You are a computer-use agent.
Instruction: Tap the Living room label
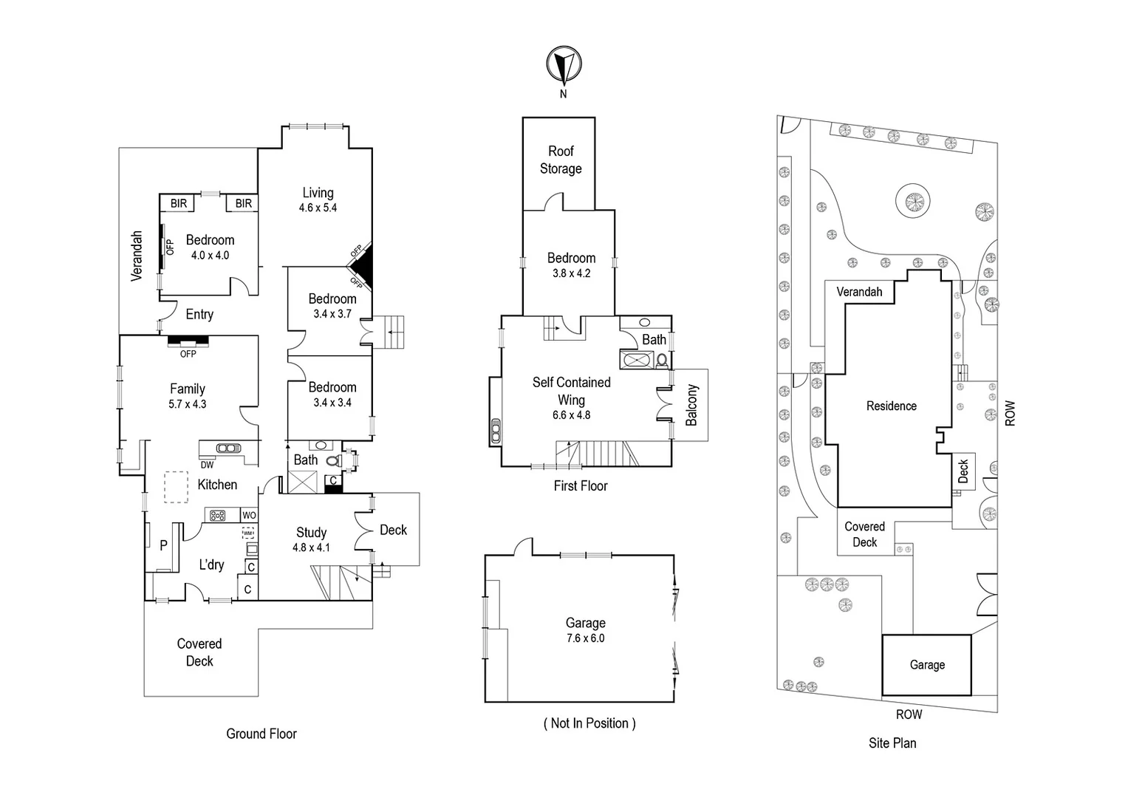[318, 193]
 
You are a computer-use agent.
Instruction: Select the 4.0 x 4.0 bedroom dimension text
[210, 256]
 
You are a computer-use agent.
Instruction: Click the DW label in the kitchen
[207, 465]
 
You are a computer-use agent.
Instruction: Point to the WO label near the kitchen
[249, 516]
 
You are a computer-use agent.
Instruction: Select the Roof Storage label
[561, 160]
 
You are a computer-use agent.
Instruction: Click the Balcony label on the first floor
[691, 405]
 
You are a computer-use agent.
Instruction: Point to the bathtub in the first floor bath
[636, 361]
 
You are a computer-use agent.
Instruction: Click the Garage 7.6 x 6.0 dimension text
[586, 638]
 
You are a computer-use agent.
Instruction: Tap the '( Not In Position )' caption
[589, 723]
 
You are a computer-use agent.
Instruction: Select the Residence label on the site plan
[891, 406]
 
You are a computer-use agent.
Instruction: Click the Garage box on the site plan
[926, 665]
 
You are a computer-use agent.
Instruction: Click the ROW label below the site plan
[909, 715]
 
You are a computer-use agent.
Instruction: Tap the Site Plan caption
[892, 743]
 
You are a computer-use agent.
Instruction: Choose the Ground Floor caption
[262, 734]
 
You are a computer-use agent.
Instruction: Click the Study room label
[311, 532]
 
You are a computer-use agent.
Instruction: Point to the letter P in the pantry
[163, 546]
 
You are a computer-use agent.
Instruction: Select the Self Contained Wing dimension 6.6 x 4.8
[571, 415]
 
